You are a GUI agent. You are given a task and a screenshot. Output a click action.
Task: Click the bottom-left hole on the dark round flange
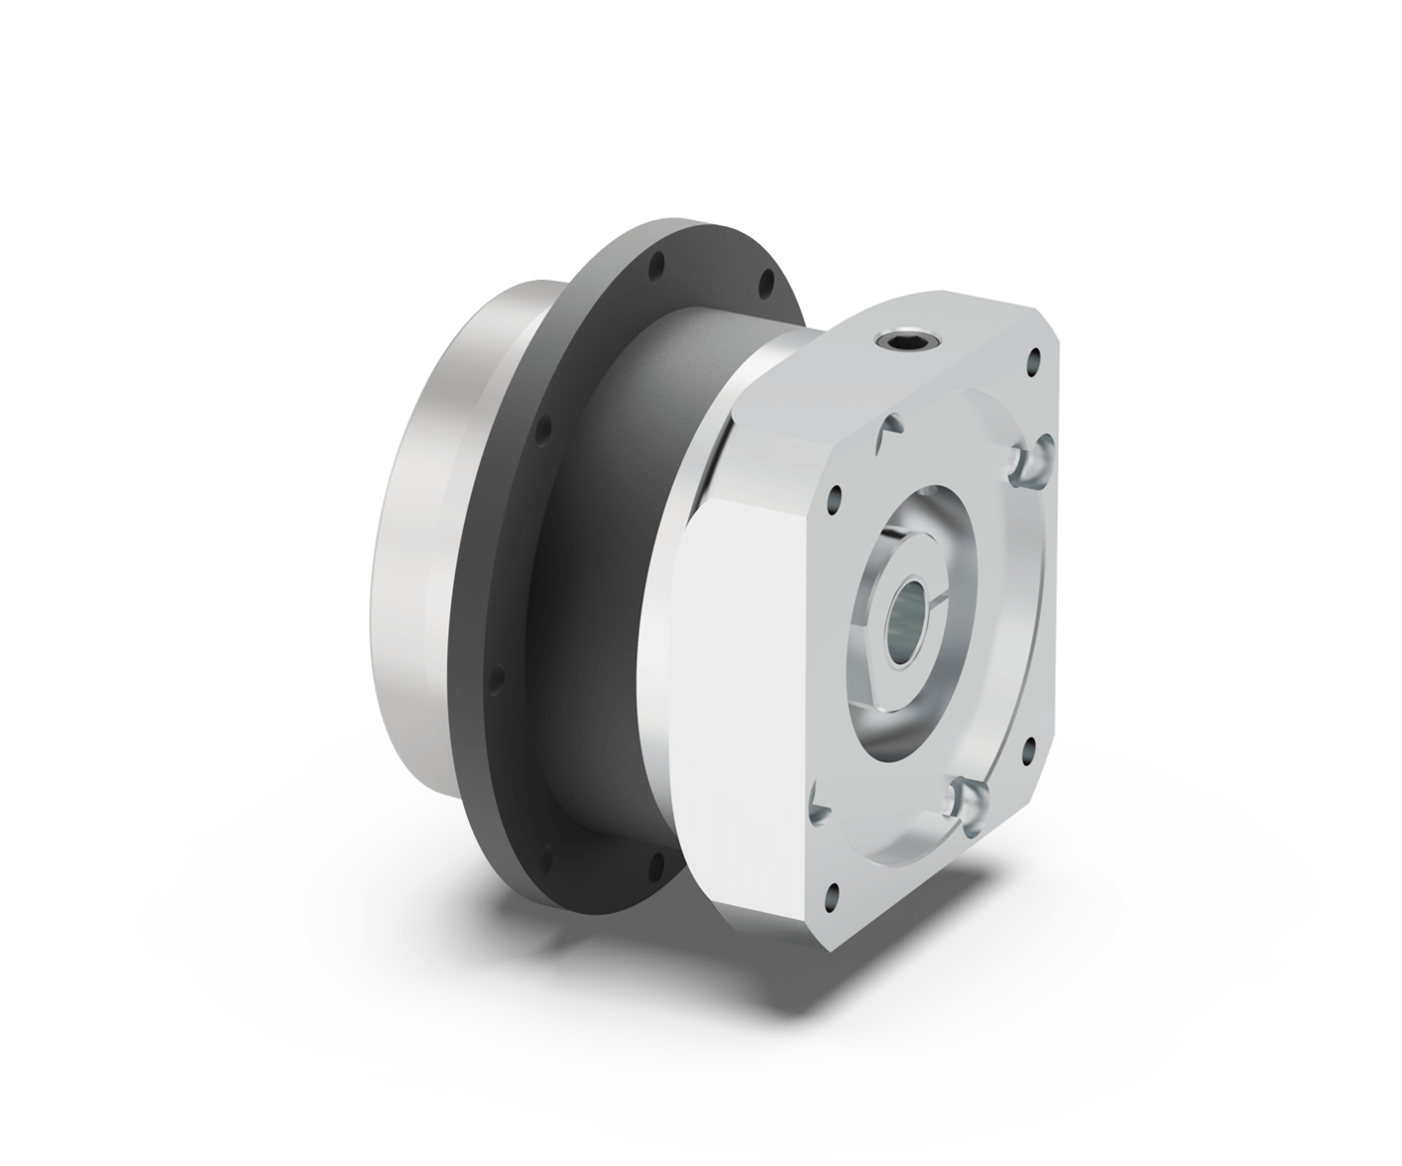[x=547, y=854]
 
